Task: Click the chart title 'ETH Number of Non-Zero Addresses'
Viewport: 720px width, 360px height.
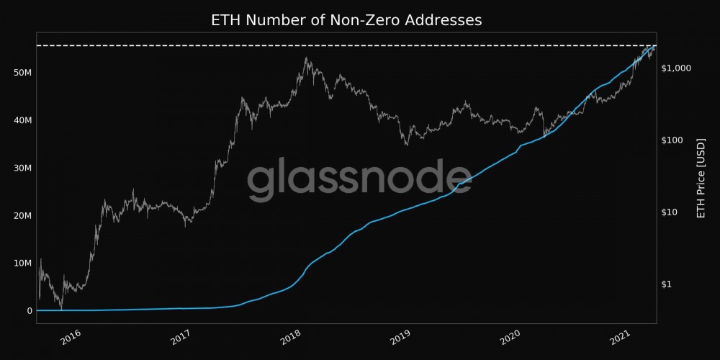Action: pyautogui.click(x=346, y=20)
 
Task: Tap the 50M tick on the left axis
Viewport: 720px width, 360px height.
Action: pyautogui.click(x=23, y=73)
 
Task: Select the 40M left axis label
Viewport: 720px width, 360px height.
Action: pyautogui.click(x=23, y=120)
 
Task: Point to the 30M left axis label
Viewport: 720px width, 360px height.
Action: pyautogui.click(x=23, y=168)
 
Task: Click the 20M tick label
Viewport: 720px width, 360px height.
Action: pyautogui.click(x=23, y=215)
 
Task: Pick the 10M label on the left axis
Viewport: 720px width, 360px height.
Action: pyautogui.click(x=23, y=263)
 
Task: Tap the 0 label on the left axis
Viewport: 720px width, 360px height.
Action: pyautogui.click(x=30, y=310)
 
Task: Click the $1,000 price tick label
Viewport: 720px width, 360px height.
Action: pyautogui.click(x=676, y=68)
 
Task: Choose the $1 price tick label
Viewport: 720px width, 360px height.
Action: pyautogui.click(x=667, y=284)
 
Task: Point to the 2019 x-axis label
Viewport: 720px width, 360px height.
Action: pyautogui.click(x=403, y=336)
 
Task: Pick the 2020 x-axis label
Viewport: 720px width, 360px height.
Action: pyautogui.click(x=513, y=336)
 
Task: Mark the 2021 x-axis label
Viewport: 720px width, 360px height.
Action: pyautogui.click(x=624, y=336)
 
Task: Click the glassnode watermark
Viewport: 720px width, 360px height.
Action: pyautogui.click(x=359, y=180)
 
